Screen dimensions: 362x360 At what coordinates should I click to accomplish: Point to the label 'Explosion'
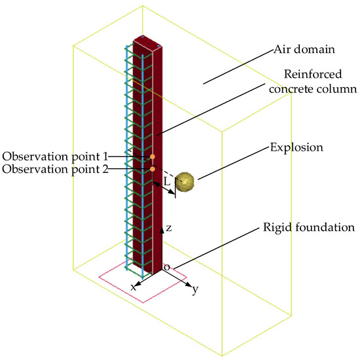click(297, 148)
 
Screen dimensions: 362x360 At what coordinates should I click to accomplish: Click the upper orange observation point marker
click(153, 157)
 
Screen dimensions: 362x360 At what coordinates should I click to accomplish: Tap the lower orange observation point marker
click(153, 170)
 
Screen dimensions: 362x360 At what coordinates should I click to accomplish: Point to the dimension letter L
click(166, 179)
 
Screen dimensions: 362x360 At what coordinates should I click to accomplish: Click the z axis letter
click(169, 228)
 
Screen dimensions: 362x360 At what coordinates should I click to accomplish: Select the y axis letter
click(195, 289)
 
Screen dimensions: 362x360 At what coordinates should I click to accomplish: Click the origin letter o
click(166, 268)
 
